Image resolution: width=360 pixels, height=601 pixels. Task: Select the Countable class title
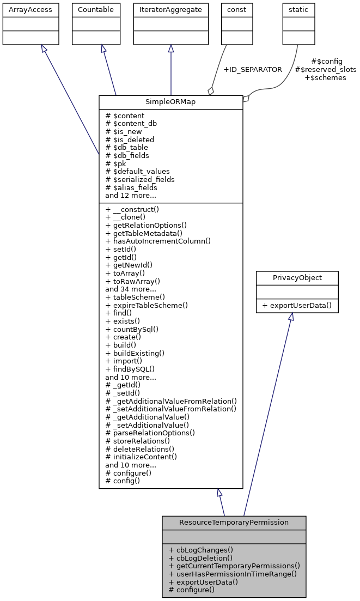(96, 10)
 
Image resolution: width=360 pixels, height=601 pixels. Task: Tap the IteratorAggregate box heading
(171, 10)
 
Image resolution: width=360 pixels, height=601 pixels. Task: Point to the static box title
(298, 10)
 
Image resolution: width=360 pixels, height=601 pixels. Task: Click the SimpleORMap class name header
(170, 102)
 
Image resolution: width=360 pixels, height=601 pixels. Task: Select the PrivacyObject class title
(297, 278)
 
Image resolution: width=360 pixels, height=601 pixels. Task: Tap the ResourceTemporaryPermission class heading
(234, 523)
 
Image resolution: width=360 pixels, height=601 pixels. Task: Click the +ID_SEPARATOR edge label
(253, 70)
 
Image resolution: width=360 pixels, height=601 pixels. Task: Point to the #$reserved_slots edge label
(326, 70)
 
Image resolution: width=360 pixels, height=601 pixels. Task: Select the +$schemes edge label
(325, 78)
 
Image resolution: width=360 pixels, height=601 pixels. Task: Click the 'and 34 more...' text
(131, 289)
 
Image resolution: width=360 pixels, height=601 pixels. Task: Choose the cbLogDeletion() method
(200, 557)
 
